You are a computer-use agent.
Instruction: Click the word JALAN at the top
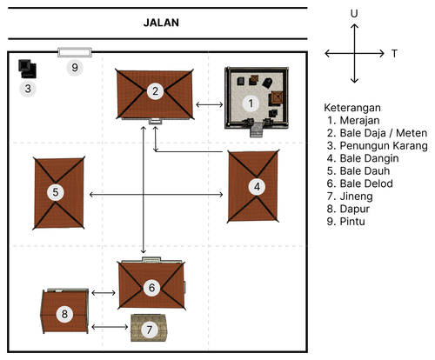(x=161, y=23)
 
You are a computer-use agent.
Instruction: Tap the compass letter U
(x=354, y=14)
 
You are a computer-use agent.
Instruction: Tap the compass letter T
(x=394, y=54)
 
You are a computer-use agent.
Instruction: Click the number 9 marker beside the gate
(x=75, y=68)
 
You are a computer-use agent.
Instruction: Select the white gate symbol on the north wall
(x=75, y=52)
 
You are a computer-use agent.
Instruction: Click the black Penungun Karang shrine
(x=27, y=69)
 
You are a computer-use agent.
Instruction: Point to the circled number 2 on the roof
(x=155, y=91)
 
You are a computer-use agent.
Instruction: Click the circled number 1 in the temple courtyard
(x=251, y=103)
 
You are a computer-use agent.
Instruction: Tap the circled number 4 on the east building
(x=257, y=187)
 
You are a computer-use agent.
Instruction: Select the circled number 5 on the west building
(x=56, y=192)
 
